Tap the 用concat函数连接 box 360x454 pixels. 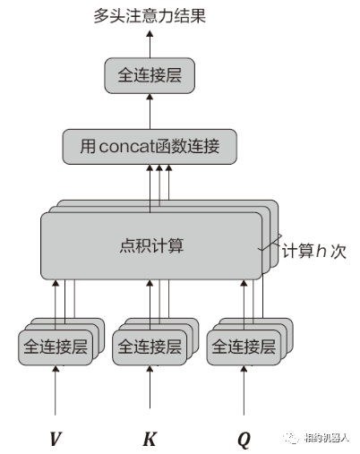click(150, 146)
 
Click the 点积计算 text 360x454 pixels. click(150, 244)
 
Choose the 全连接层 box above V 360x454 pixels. click(54, 346)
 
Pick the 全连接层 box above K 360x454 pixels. click(149, 346)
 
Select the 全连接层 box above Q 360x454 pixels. click(243, 346)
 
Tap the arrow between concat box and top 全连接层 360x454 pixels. click(150, 109)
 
